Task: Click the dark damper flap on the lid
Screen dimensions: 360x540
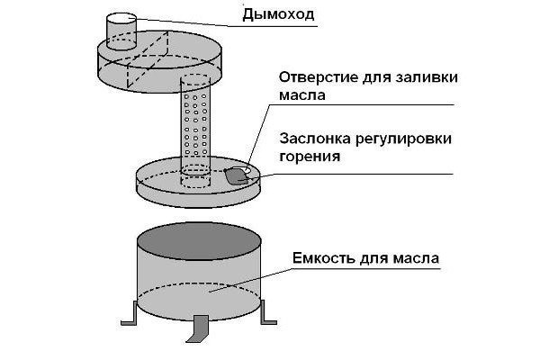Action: point(237,176)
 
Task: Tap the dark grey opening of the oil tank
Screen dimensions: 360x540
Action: point(197,241)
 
